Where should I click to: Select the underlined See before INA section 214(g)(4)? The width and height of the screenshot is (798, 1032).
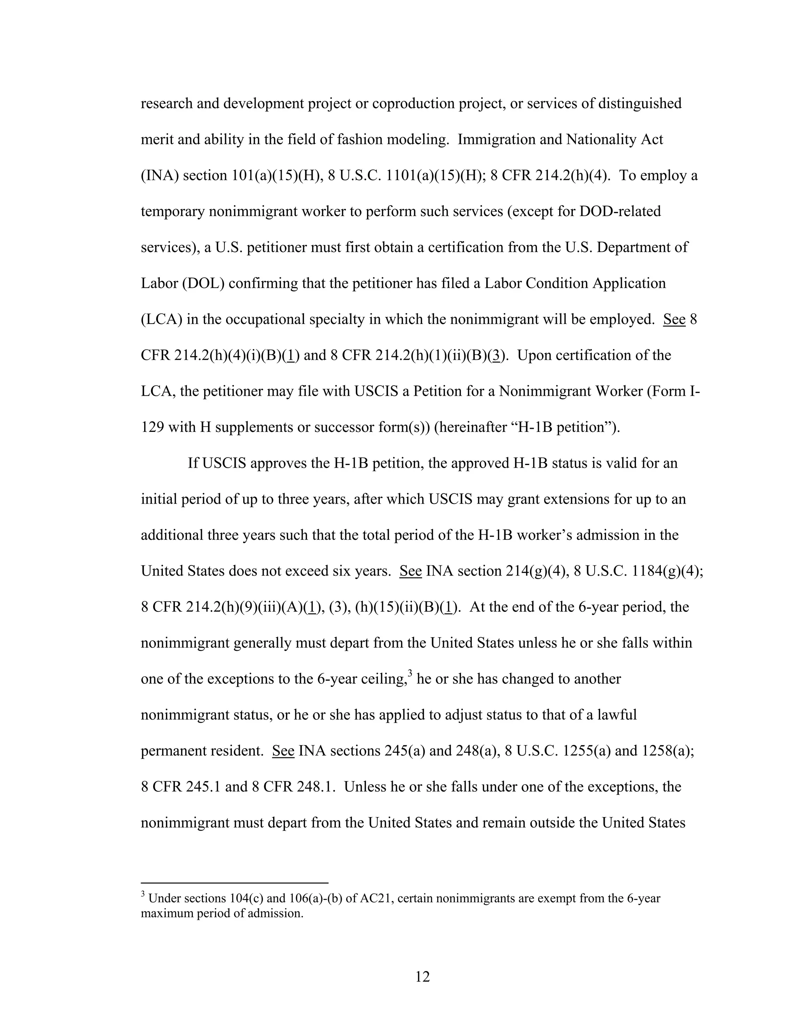point(410,571)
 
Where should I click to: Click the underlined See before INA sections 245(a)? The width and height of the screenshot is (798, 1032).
point(283,751)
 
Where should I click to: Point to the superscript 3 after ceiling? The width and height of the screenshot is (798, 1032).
point(410,674)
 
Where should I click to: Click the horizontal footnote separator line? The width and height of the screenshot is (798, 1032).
point(234,882)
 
